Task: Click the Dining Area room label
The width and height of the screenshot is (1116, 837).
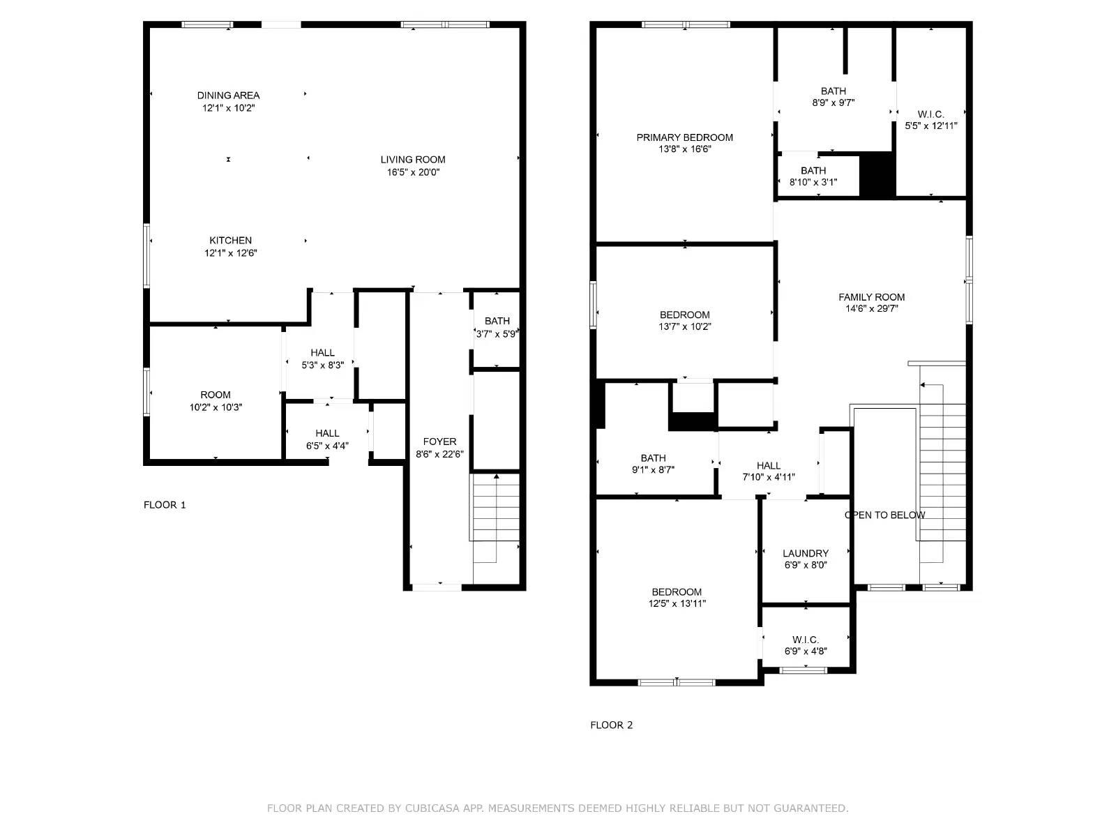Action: pos(228,96)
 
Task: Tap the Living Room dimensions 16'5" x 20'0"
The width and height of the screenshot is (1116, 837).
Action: pos(413,172)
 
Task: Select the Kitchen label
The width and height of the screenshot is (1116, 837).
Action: pos(230,241)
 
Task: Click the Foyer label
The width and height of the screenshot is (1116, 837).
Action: pos(439,442)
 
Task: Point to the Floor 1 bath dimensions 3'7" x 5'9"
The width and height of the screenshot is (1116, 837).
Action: pos(497,334)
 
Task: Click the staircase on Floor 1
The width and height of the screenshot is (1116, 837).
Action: pos(495,509)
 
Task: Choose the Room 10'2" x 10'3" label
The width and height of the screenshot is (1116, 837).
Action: pos(215,395)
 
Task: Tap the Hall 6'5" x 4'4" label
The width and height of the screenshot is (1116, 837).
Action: pos(327,434)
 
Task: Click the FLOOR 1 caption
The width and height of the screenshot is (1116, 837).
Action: pos(165,505)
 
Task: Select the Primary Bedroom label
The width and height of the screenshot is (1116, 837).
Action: pos(684,137)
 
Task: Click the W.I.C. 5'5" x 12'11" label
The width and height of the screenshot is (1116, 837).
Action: pos(930,114)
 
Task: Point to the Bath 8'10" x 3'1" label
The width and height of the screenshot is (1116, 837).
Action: pos(813,171)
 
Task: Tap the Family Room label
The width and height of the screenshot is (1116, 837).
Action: pos(871,297)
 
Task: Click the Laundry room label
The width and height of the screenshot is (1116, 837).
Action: pos(806,553)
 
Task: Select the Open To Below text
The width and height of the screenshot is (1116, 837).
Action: pos(884,515)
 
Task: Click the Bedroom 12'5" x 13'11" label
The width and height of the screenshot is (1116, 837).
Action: pos(677,592)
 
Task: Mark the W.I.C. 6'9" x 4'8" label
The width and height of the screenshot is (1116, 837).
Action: pos(806,640)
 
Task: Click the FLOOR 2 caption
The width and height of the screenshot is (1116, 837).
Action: pos(611,725)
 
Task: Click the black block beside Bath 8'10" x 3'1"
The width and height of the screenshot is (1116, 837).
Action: pos(877,174)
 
